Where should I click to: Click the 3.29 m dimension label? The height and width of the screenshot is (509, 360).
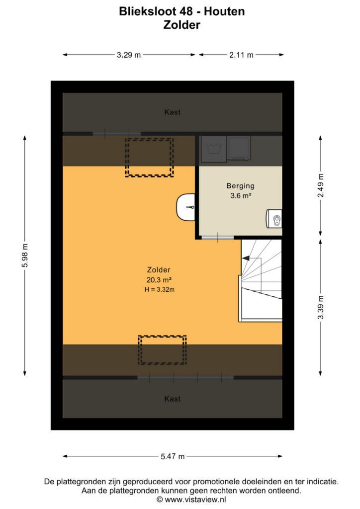pos(129,55)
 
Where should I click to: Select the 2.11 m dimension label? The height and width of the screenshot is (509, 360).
pos(241,55)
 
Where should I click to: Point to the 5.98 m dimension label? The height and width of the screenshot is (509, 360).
pos(25,255)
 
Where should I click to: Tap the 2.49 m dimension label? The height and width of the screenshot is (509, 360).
pos(321,185)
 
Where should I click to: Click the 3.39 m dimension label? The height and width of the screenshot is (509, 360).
pos(321,307)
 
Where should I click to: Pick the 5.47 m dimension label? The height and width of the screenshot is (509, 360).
pos(173,456)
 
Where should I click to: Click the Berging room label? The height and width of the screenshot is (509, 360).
pos(240,186)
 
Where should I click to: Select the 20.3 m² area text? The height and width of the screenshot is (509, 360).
pos(159,280)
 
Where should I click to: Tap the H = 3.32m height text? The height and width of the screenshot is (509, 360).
pos(160,290)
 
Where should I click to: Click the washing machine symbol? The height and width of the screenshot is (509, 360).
pos(214,149)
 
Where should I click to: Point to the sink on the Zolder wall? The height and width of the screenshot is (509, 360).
pos(185,207)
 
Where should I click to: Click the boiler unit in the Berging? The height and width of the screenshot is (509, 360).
pos(274,219)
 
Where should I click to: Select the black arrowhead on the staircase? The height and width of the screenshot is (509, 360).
pos(246,258)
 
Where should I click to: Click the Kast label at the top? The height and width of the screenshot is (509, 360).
pos(173,112)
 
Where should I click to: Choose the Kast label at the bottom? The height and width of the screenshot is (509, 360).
pos(173,399)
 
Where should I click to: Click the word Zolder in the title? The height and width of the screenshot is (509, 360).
pos(182,25)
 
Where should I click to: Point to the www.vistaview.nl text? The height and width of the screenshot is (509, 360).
pos(195,499)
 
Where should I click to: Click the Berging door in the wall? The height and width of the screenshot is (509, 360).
pos(217,238)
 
